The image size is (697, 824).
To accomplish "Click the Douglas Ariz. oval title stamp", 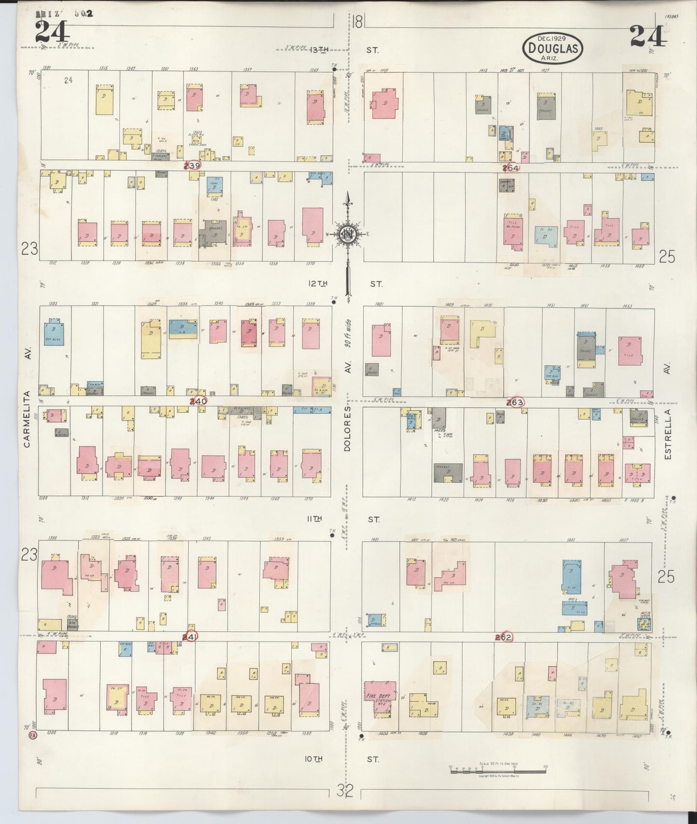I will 553,48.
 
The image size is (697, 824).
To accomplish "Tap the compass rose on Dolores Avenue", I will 347,234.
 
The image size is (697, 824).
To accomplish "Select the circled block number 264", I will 510,168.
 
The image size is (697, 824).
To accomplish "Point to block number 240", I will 198,401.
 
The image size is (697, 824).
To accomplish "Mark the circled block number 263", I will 515,402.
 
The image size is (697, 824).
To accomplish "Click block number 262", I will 504,637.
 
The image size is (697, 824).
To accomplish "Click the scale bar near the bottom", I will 498,770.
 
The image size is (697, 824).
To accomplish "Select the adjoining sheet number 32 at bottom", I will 345,790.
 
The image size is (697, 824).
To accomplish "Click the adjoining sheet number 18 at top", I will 357,22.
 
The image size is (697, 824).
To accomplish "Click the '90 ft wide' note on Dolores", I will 348,333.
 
